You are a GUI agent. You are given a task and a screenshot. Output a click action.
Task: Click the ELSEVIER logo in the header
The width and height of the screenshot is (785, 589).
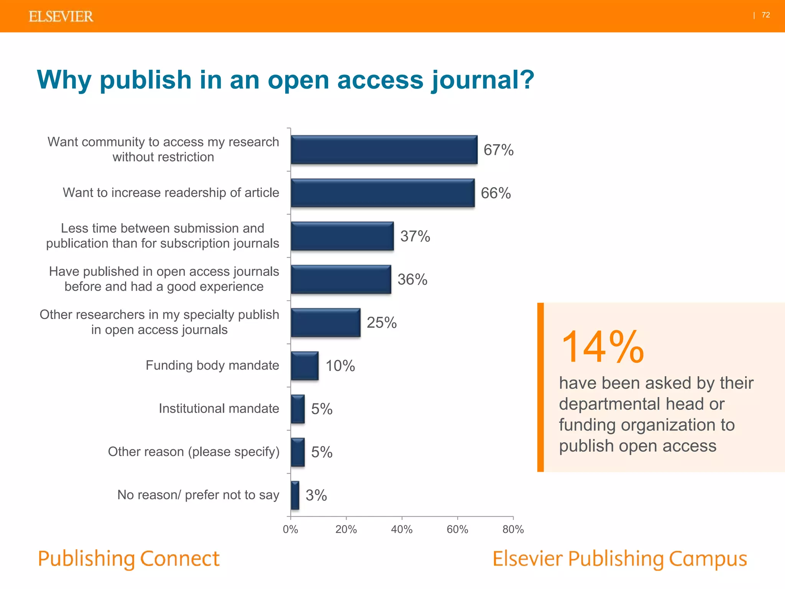tap(61, 16)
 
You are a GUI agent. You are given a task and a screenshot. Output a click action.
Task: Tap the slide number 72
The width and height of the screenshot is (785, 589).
tap(765, 15)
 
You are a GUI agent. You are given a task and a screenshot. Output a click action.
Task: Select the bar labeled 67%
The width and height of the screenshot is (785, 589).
tap(384, 150)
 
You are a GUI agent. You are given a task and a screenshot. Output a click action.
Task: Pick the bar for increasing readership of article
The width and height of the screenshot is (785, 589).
tap(383, 193)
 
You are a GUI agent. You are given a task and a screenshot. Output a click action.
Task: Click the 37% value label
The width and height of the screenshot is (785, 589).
tap(415, 236)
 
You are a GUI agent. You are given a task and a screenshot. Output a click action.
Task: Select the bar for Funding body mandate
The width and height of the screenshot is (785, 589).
tap(304, 366)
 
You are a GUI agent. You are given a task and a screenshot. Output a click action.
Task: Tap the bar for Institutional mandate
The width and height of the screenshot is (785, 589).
tap(298, 409)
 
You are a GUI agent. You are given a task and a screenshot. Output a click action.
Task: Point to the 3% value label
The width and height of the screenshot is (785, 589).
tap(316, 495)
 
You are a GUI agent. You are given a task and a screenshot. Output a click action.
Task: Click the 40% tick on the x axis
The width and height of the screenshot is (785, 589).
tap(402, 529)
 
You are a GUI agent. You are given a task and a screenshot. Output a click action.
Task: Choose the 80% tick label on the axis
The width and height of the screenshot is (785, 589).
tap(513, 529)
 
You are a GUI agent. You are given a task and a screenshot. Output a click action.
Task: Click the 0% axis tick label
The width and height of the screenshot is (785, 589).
tap(290, 529)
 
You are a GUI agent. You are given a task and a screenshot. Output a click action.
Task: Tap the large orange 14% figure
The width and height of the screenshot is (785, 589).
tap(602, 347)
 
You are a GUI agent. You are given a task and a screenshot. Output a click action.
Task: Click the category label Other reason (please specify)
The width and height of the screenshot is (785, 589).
tap(194, 452)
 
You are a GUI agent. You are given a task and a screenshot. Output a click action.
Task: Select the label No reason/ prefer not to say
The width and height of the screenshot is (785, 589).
tap(198, 495)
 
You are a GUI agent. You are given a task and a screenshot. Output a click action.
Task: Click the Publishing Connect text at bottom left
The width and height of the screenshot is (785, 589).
tap(129, 559)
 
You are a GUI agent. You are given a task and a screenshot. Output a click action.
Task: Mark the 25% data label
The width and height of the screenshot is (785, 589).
tap(381, 322)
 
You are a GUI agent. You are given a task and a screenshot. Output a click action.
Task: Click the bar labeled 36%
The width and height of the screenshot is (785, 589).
tap(341, 280)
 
